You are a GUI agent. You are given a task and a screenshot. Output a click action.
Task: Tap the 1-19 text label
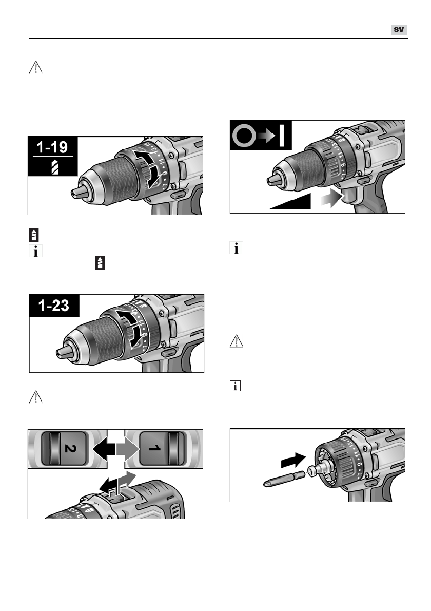point(54,147)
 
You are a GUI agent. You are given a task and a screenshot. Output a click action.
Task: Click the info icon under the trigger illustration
point(237,249)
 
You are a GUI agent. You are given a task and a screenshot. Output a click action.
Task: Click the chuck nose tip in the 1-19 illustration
point(76,192)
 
